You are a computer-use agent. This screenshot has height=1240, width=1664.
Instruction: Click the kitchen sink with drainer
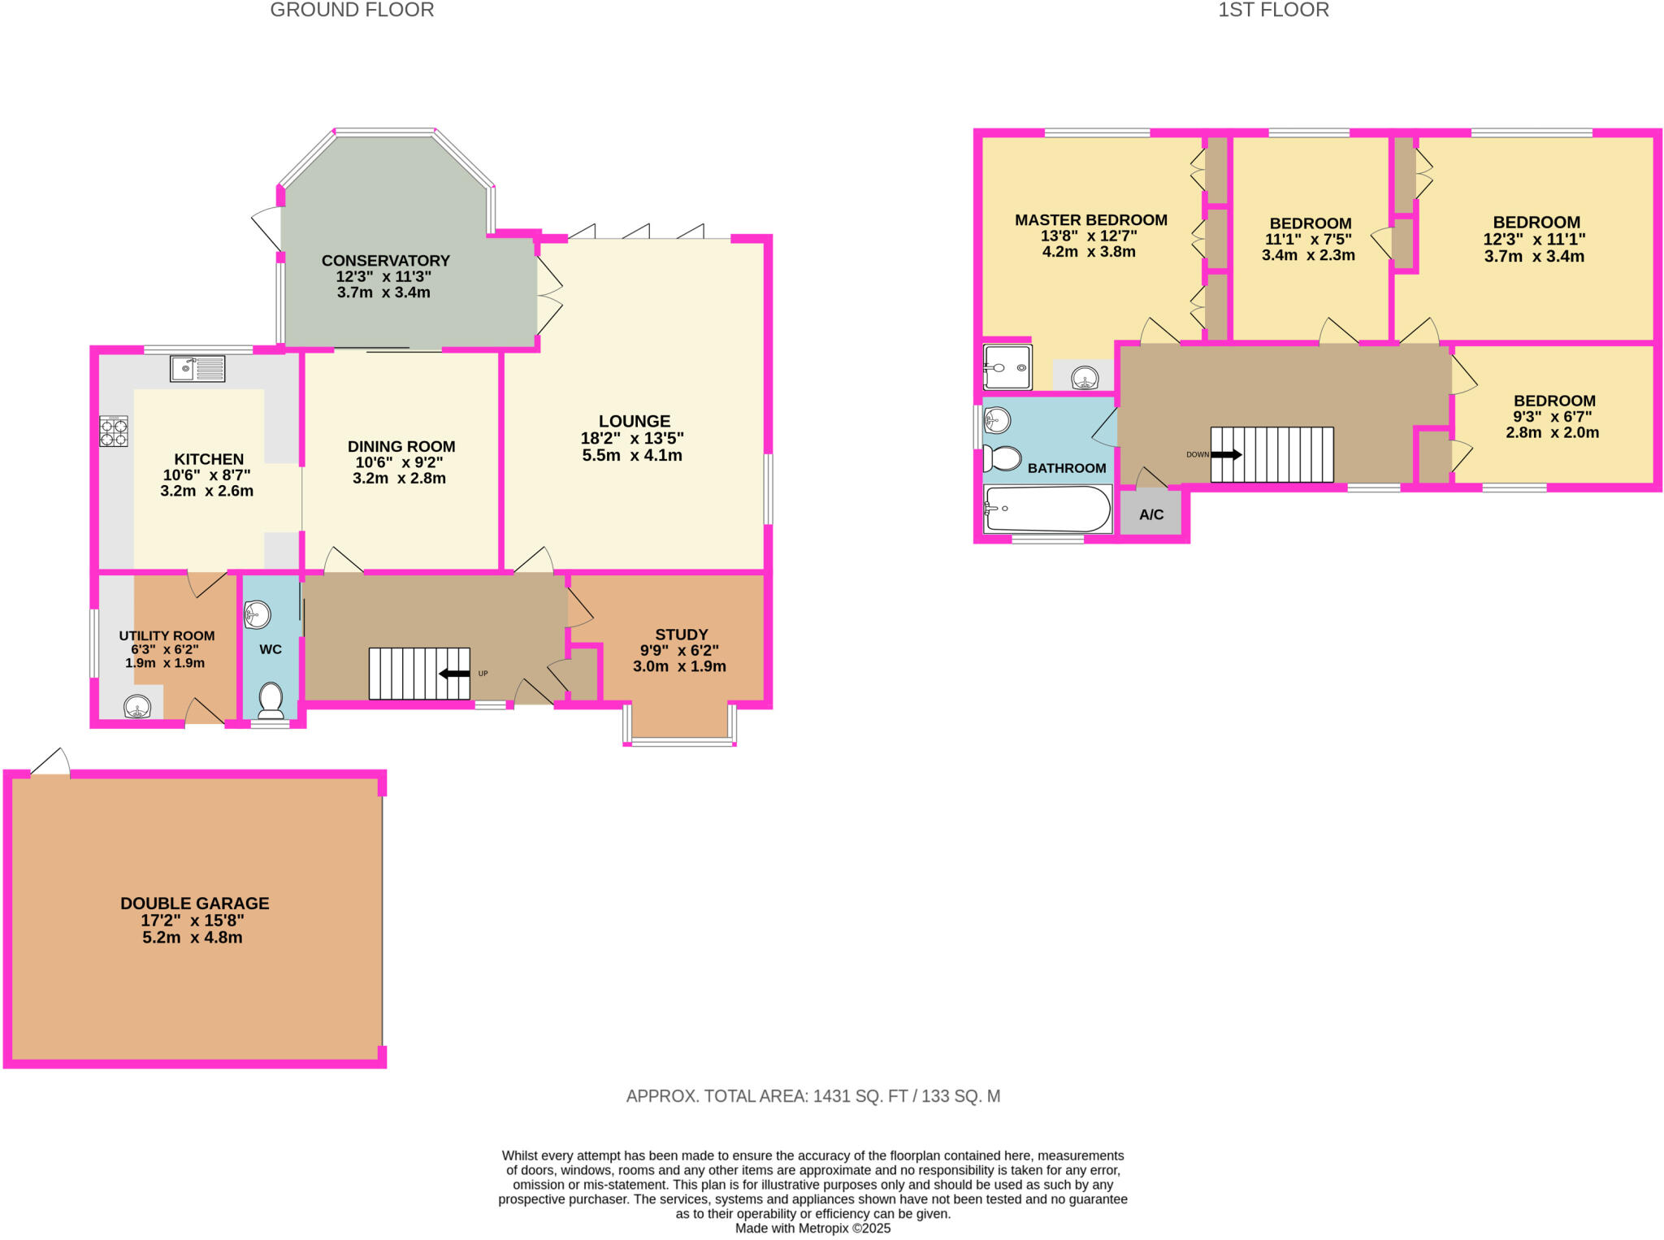197,369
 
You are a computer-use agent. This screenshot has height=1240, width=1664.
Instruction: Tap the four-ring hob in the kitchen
114,431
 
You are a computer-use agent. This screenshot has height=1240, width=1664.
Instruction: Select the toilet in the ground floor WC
271,697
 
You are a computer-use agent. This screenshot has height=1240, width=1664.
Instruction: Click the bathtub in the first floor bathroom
1046,509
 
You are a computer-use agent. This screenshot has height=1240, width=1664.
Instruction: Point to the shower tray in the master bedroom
1007,368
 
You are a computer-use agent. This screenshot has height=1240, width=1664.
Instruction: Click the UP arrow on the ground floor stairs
455,674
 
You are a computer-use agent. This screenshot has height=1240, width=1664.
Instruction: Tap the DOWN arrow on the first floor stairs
1226,454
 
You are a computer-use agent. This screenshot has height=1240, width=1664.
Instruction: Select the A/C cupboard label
1151,514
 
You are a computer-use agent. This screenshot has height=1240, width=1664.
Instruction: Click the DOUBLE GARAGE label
195,903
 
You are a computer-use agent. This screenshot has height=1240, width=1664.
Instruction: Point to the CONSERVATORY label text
386,261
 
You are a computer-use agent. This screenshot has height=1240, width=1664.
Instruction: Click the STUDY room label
682,635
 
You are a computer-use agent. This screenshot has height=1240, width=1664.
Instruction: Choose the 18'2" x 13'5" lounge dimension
632,438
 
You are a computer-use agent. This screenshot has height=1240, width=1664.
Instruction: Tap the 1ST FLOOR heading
1273,11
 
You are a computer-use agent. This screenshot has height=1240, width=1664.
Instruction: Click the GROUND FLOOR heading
352,11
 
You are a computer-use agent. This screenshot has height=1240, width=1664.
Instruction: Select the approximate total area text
812,1096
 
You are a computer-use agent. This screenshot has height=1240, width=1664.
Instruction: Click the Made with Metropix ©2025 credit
812,1228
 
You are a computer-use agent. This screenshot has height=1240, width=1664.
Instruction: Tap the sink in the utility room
137,707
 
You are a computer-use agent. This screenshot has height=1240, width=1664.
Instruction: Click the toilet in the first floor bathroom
1003,458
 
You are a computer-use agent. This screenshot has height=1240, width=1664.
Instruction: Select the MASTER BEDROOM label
1091,220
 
